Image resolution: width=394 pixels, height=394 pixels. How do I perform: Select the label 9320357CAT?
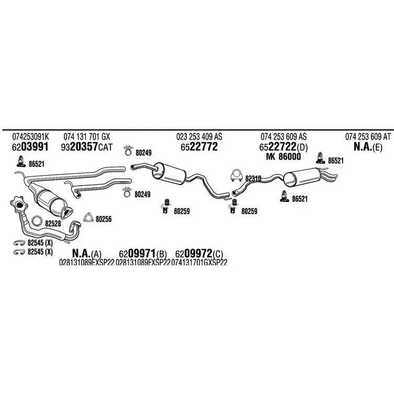point(87,147)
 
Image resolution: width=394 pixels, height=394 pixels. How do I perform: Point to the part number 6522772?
point(199,147)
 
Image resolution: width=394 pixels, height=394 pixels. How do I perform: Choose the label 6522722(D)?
point(284,147)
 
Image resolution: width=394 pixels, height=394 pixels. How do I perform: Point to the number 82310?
point(253,178)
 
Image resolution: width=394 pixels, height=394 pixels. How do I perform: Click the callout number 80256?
point(104,220)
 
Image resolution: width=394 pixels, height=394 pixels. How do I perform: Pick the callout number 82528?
point(53,223)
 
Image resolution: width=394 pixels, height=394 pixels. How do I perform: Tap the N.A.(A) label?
point(87,253)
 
